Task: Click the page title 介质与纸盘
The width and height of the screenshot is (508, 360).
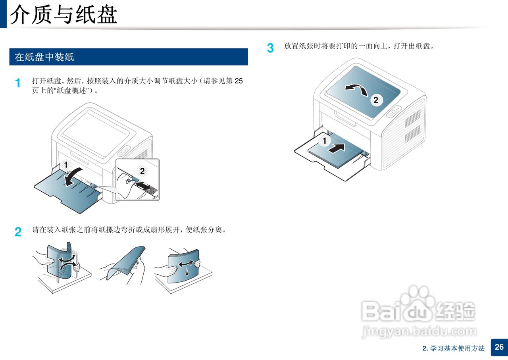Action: (64, 15)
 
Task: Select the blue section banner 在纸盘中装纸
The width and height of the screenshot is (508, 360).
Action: (129, 57)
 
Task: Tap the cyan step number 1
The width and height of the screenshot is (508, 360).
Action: (18, 83)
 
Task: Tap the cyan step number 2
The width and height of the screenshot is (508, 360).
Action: (18, 232)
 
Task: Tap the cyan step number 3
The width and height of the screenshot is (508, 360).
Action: (270, 48)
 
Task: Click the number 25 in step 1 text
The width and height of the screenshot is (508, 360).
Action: (239, 81)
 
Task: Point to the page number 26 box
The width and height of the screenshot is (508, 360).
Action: (499, 347)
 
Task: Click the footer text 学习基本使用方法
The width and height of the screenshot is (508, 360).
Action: (458, 348)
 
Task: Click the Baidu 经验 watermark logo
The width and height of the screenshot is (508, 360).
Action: (418, 305)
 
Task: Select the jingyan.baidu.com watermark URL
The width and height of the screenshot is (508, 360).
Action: (419, 331)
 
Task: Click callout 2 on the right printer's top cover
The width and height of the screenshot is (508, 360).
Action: (376, 100)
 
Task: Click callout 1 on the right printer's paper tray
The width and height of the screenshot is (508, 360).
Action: (324, 141)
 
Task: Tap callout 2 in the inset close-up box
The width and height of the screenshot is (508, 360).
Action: (142, 171)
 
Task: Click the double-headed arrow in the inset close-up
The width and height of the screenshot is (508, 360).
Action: (143, 185)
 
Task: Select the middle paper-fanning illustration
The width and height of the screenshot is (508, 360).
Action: (123, 265)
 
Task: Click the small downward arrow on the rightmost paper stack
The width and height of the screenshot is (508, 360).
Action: (187, 272)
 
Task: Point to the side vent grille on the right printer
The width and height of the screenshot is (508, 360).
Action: (413, 126)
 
